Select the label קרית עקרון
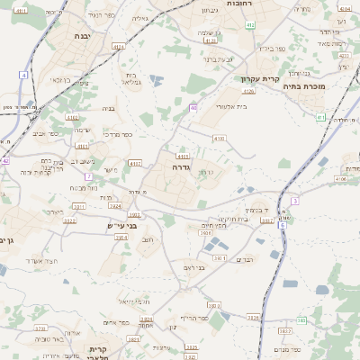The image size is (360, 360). [261, 79]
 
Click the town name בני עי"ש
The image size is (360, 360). [120, 225]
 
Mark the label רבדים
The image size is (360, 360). [244, 259]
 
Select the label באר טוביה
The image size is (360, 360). [53, 339]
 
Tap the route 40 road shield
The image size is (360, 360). [193, 108]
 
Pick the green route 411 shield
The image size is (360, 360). [320, 117]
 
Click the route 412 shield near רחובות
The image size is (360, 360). [211, 40]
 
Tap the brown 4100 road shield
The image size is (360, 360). [219, 139]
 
